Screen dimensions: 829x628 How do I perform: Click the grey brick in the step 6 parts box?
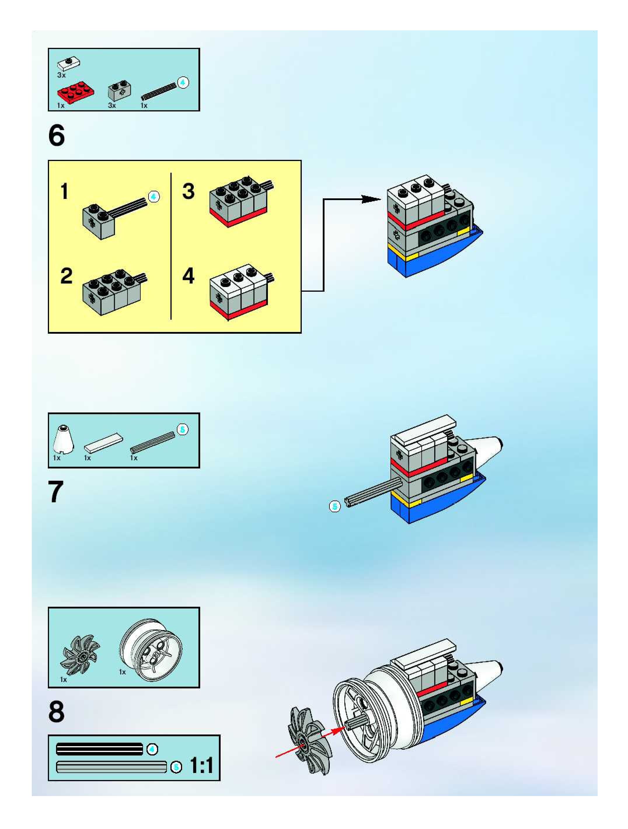[119, 91]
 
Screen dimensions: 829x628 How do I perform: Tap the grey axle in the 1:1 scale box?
[111, 767]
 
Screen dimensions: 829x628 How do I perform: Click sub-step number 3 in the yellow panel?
[189, 191]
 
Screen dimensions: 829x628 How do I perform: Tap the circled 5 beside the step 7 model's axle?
[335, 506]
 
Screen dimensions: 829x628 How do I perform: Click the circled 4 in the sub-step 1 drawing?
[153, 196]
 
